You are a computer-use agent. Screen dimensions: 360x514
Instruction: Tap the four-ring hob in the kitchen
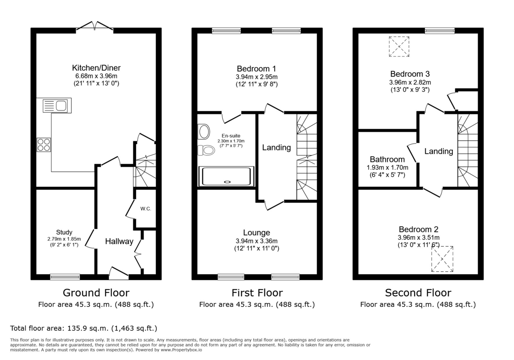pyautogui.click(x=43, y=145)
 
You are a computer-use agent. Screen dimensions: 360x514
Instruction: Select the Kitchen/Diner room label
pyautogui.click(x=96, y=68)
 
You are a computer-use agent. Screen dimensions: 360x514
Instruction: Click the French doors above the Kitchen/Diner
pyautogui.click(x=95, y=27)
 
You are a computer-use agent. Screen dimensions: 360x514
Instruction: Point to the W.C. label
pyautogui.click(x=146, y=209)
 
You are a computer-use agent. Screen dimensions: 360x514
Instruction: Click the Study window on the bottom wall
pyautogui.click(x=65, y=276)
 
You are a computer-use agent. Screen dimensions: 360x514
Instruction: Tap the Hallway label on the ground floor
pyautogui.click(x=120, y=242)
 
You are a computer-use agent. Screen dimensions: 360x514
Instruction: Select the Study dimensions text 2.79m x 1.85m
pyautogui.click(x=64, y=239)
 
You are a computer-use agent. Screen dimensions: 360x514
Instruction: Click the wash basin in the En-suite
pyautogui.click(x=204, y=131)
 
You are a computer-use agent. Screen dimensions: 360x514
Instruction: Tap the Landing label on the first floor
pyautogui.click(x=276, y=148)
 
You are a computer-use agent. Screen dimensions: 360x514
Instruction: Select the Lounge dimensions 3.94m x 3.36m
pyautogui.click(x=257, y=241)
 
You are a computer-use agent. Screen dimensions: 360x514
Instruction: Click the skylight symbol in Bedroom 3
pyautogui.click(x=399, y=46)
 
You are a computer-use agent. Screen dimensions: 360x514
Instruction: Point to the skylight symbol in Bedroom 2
pyautogui.click(x=442, y=259)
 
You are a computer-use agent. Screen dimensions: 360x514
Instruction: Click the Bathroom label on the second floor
pyautogui.click(x=387, y=159)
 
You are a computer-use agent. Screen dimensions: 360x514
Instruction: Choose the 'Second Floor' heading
pyautogui.click(x=418, y=293)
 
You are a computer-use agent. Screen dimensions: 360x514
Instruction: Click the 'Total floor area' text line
pyautogui.click(x=84, y=329)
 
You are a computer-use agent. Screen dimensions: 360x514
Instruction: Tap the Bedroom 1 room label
pyautogui.click(x=257, y=69)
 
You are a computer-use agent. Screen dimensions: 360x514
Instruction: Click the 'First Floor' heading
pyautogui.click(x=257, y=293)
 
